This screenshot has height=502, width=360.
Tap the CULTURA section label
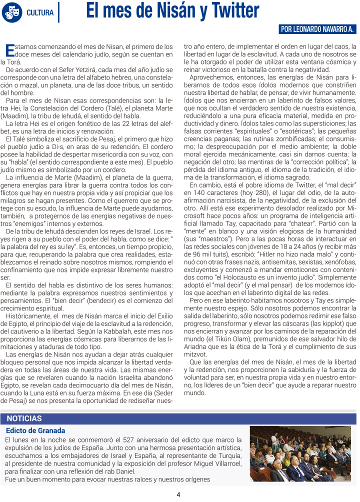click(40, 12)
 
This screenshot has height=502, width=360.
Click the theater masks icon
click(11, 12)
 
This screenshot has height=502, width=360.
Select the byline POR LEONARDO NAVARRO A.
click(317, 29)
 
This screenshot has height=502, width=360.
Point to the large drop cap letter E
click(9, 50)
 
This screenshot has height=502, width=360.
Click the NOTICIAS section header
click(24, 418)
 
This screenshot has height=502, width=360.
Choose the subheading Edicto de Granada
click(35, 430)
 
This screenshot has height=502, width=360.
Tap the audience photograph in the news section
click(303, 454)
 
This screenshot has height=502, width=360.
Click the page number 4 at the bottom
click(178, 494)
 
